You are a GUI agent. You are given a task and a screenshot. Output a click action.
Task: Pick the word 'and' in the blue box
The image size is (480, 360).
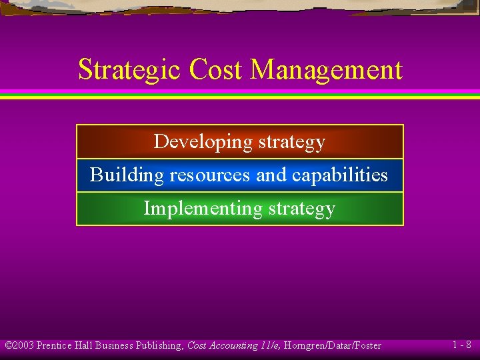click(x=271, y=175)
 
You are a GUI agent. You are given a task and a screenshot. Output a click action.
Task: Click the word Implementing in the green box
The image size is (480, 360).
click(x=203, y=209)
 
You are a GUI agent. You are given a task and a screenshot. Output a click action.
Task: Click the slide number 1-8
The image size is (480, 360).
click(x=461, y=345)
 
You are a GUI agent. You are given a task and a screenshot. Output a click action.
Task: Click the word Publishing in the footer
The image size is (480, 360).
click(x=158, y=345)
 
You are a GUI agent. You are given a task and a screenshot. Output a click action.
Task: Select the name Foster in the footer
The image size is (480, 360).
click(x=366, y=345)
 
